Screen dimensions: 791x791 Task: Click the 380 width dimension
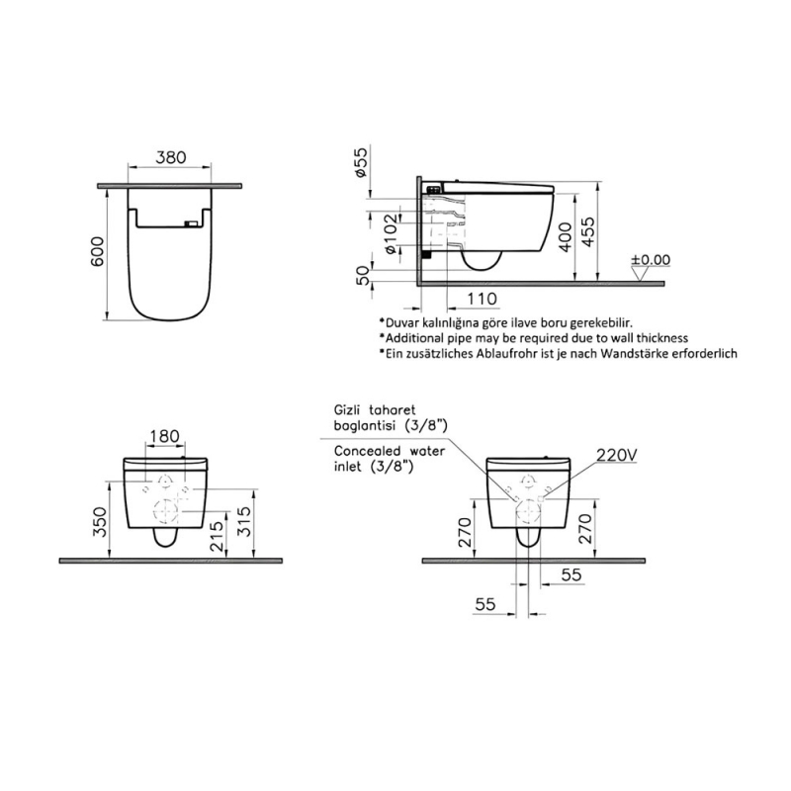point(171,157)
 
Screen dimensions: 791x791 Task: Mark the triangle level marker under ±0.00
point(642,274)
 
